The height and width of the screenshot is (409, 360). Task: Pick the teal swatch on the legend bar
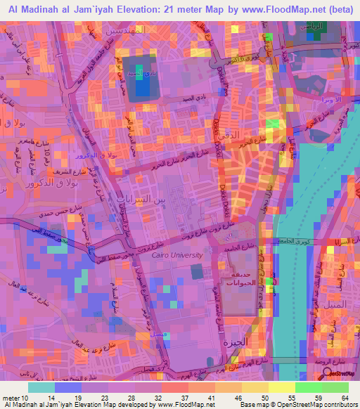pos(41,387)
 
